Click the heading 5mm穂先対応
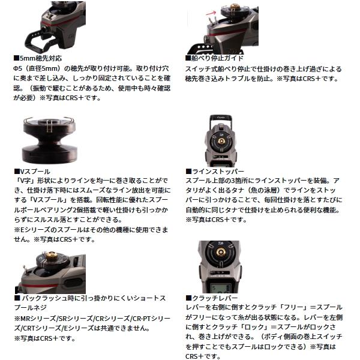pos(41,58)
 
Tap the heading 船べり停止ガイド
pos(217,58)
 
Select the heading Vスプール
pos(35,172)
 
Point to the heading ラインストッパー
pos(218,171)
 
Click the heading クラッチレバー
pos(214,298)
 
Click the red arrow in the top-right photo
pos(211,13)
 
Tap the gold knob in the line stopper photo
pos(221,141)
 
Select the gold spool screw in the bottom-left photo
pos(50,256)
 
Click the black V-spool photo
pos(49,140)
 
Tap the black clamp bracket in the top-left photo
pos(39,41)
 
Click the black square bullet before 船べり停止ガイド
pos(188,58)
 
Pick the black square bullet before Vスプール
pos(17,172)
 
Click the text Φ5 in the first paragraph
pos(17,68)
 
